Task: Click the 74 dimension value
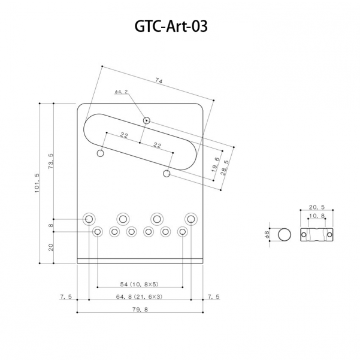click(158, 80)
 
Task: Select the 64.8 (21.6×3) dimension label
click(140, 297)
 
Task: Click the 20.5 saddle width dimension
click(316, 207)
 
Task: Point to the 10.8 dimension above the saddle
click(316, 216)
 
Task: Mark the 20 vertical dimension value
click(51, 246)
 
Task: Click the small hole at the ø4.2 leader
click(146, 120)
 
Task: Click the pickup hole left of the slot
click(101, 154)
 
